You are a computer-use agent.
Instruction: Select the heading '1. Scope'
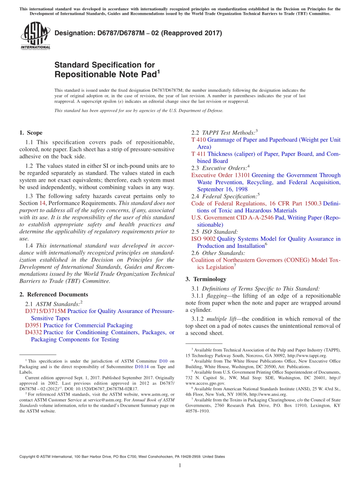pyautogui.click(x=31, y=133)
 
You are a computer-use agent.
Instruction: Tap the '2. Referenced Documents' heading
pyautogui.click(x=53, y=294)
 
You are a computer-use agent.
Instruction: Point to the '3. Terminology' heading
pyautogui.click(x=206, y=279)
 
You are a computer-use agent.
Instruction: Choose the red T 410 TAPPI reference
pyautogui.click(x=198, y=140)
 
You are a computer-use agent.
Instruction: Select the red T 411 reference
pyautogui.click(x=198, y=154)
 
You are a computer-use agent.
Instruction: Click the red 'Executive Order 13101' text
pyautogui.click(x=220, y=175)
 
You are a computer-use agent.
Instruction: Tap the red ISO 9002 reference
pyautogui.click(x=203, y=239)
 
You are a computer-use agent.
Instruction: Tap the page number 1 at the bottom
pyautogui.click(x=180, y=465)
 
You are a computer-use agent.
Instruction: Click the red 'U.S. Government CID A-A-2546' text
pyautogui.click(x=219, y=218)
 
